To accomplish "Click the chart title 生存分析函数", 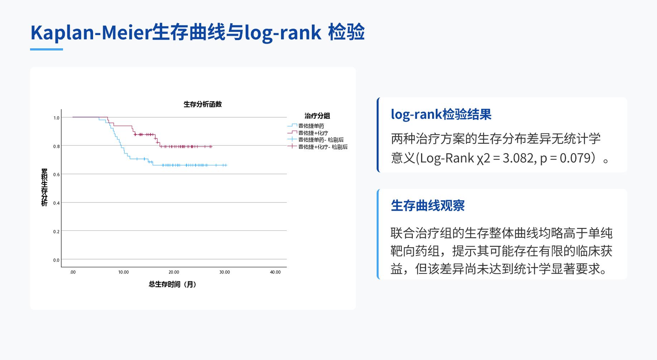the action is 203,104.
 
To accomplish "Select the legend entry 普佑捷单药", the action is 311,126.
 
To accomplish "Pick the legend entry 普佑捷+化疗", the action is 313,133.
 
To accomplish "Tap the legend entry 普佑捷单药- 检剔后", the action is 321,140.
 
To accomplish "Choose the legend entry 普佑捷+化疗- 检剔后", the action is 323,147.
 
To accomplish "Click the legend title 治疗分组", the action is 317,116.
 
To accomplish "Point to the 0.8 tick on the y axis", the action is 57,146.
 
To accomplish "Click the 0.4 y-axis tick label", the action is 57,203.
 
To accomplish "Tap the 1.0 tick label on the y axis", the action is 57,118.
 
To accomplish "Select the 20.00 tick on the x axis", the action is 174,272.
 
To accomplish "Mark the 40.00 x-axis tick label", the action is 275,272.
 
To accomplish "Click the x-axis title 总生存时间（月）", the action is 173,284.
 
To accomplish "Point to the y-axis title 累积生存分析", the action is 44,187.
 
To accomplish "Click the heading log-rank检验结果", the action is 441,114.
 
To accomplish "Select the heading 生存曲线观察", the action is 428,206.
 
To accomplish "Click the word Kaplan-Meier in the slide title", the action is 91,33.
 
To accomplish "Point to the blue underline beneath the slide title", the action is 47,49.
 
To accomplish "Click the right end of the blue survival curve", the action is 227,165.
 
